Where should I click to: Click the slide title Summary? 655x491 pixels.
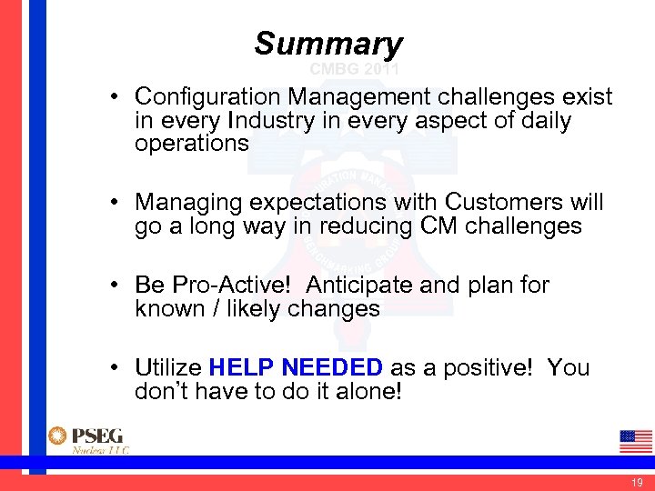pyautogui.click(x=327, y=43)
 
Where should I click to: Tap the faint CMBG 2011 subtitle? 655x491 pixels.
pyautogui.click(x=354, y=69)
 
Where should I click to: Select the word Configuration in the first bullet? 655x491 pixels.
pyautogui.click(x=207, y=96)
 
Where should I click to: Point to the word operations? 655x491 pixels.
pyautogui.click(x=191, y=144)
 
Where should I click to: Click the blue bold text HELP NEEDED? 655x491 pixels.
pyautogui.click(x=296, y=367)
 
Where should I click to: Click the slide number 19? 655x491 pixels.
pyautogui.click(x=637, y=481)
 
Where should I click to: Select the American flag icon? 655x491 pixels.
pyautogui.click(x=635, y=441)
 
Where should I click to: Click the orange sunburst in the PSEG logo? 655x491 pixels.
pyautogui.click(x=58, y=436)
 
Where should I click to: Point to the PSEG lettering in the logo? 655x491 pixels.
pyautogui.click(x=99, y=436)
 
